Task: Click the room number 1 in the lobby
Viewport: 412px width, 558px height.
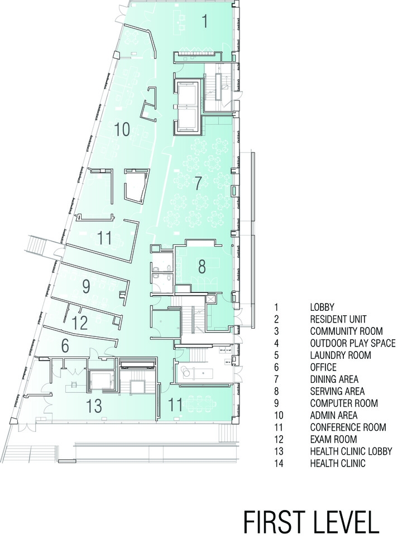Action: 205,21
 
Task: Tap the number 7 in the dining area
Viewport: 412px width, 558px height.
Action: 198,183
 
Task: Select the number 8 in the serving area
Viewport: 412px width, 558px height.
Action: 202,267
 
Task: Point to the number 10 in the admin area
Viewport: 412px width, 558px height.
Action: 122,129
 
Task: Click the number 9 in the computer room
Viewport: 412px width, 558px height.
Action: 86,286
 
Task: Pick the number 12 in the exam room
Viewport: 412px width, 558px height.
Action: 79,323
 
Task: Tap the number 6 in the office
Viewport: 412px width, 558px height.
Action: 65,346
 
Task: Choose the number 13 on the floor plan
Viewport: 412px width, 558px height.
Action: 94,406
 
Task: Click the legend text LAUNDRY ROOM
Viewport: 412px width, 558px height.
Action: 341,355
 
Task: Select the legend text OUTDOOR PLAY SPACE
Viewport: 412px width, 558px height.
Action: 353,343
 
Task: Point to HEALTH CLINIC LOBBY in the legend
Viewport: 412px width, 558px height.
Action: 351,451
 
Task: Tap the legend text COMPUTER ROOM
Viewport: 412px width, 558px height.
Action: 344,403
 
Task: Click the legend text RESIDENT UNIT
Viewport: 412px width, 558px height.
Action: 338,319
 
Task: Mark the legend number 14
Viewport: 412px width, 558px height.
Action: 279,463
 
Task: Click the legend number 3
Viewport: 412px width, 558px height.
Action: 277,331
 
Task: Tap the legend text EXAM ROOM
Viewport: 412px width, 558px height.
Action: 333,439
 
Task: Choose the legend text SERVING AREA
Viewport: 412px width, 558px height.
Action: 337,391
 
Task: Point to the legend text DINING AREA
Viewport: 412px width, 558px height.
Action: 334,379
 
